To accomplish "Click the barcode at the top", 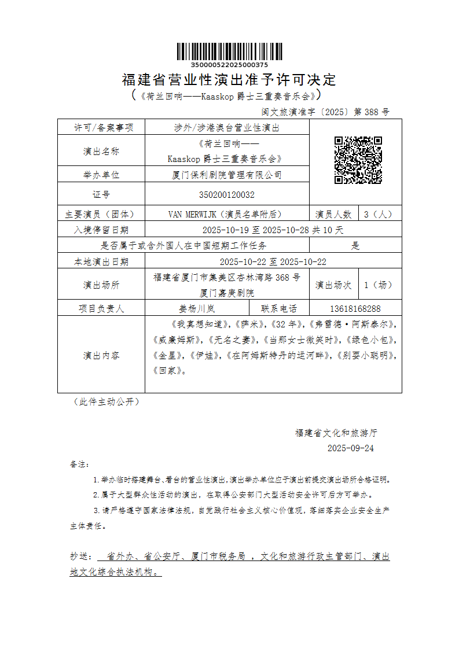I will coord(229,52).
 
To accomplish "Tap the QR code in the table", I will coord(358,160).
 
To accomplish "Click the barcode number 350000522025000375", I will coord(229,65).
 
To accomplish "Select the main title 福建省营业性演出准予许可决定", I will coord(229,79).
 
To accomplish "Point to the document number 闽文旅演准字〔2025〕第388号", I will coord(326,112).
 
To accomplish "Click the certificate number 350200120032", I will coord(226,195).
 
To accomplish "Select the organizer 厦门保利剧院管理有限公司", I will coord(226,175).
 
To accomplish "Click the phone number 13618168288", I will coord(355,309).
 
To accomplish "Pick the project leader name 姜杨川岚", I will coord(197,309).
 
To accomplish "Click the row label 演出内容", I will coord(101,355).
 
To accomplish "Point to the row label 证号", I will coord(101,195).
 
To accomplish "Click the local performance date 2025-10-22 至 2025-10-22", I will coord(273,262).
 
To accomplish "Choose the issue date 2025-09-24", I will coord(351,448).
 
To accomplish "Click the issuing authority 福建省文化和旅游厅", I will coord(336,433).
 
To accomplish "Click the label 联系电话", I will coord(279,309).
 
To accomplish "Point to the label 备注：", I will coord(79,464).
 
